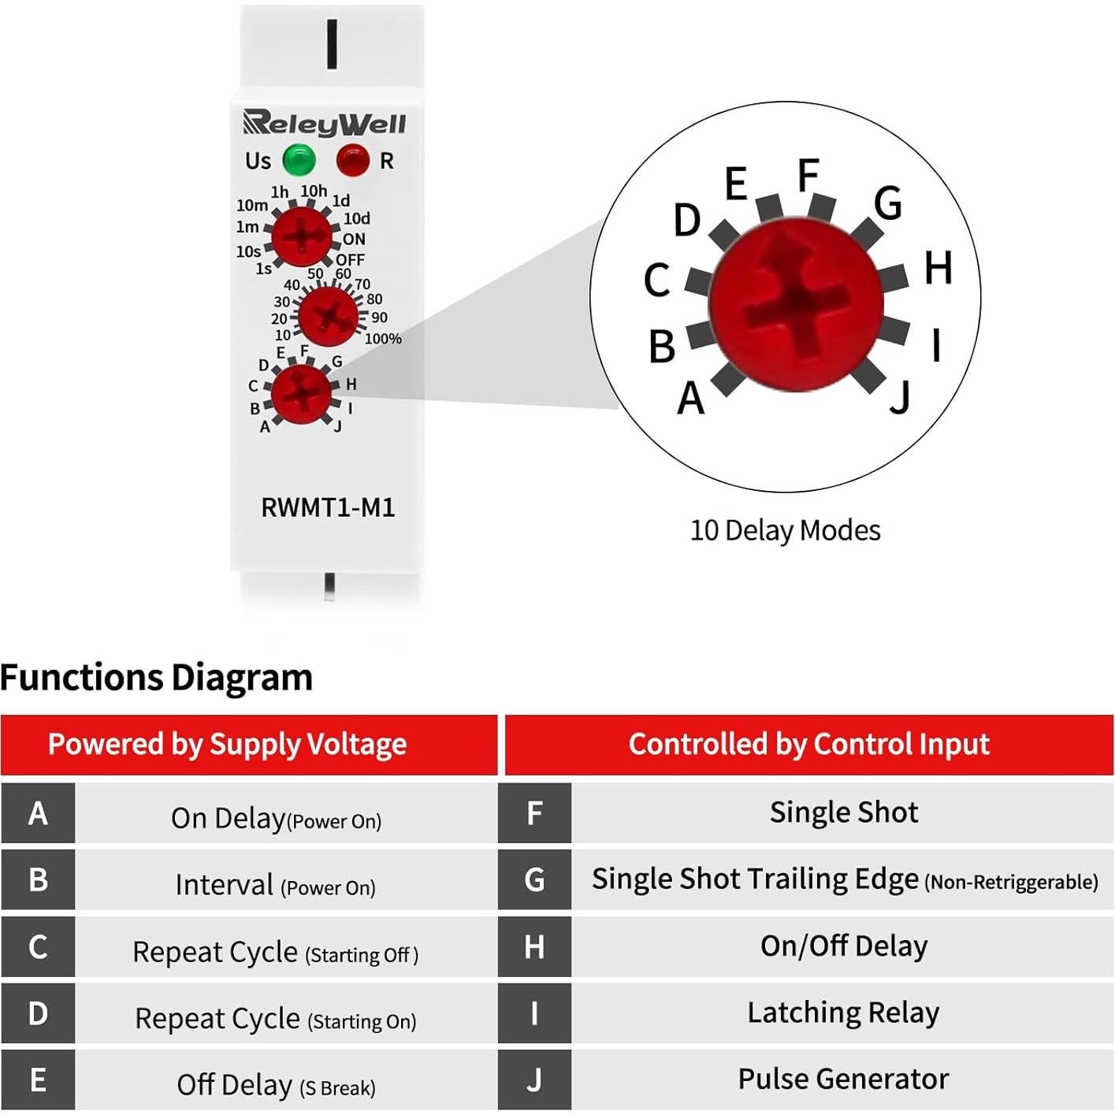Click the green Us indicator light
pos(299,161)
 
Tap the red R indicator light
pos(352,161)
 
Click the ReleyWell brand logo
pos(324,123)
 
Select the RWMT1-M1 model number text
pos(328,507)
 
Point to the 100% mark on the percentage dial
pos(383,339)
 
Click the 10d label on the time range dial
pos(357,218)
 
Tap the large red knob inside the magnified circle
pos(796,303)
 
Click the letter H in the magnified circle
pos(938,268)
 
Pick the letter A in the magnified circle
pos(691,398)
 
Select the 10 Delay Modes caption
pos(785,530)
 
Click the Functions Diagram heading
pos(157,678)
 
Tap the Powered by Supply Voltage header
pos(228,745)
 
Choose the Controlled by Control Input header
pos(808,745)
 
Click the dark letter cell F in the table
pos(534,813)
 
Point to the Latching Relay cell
pos(843,1013)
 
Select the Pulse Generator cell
pos(843,1079)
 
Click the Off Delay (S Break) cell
pos(276,1085)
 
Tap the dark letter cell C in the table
pos(38,946)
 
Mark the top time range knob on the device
pos(301,236)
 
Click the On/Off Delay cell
pos(843,946)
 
